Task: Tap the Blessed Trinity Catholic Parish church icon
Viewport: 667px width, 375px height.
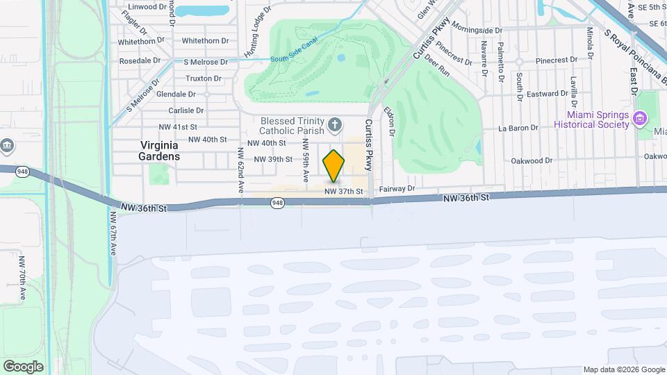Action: (x=335, y=126)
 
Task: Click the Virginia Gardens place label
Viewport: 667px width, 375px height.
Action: (x=160, y=151)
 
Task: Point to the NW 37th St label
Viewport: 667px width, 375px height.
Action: (x=343, y=191)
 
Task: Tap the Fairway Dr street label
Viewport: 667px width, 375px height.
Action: (x=397, y=188)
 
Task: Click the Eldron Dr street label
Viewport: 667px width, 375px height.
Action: (x=392, y=122)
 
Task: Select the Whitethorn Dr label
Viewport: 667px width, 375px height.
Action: (x=141, y=42)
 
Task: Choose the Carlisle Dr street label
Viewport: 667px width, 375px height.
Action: (x=186, y=110)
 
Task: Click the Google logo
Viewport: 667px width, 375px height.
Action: (x=23, y=366)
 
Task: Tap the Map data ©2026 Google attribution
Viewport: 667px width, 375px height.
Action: (x=623, y=369)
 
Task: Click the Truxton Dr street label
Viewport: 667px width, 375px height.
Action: (x=204, y=78)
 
